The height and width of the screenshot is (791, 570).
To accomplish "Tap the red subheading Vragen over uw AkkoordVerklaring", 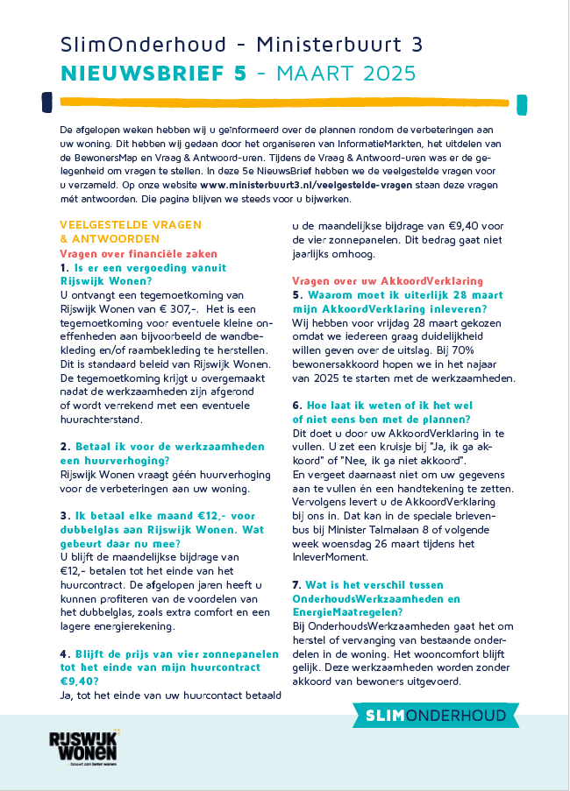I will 387,281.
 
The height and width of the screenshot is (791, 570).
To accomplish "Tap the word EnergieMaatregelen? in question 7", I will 346,612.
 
